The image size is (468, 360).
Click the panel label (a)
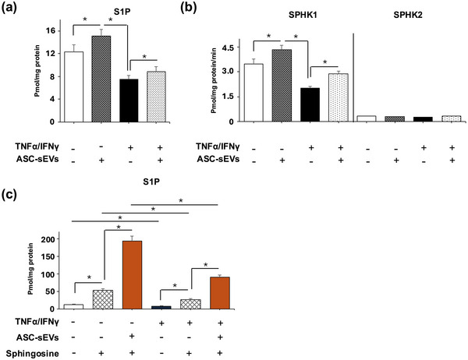(x=13, y=9)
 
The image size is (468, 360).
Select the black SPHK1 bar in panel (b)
(x=310, y=104)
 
